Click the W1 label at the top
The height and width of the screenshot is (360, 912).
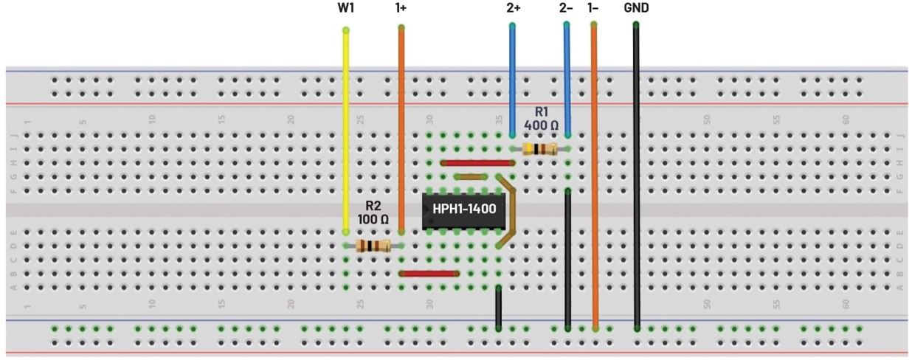click(345, 8)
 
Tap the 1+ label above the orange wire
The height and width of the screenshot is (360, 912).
click(401, 8)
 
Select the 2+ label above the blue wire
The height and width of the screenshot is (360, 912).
click(513, 8)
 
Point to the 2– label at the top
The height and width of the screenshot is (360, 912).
click(567, 8)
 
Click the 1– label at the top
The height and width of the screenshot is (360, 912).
click(593, 8)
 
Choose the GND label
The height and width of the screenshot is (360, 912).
click(636, 8)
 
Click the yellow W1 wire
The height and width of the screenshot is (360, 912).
click(345, 133)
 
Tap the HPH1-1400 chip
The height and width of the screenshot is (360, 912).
click(464, 210)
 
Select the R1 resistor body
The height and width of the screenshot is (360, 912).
click(539, 149)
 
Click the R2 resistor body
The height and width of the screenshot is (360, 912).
click(373, 246)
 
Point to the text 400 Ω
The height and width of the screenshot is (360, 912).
click(541, 125)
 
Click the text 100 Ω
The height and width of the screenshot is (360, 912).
click(373, 219)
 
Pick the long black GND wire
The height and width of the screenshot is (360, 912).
click(636, 177)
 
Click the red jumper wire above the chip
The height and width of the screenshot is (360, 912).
click(476, 163)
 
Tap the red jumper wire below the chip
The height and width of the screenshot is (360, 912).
click(429, 273)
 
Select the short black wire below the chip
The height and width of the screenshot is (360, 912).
click(499, 306)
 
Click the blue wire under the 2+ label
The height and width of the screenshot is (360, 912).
click(512, 81)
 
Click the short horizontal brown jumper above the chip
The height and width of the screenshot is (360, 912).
click(470, 177)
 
